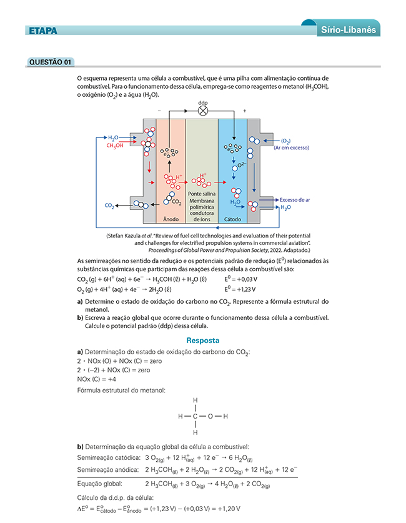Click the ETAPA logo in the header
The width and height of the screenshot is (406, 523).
(x=43, y=30)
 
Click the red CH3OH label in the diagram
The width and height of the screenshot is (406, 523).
(x=115, y=146)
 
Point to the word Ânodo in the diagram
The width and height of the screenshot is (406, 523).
(x=171, y=219)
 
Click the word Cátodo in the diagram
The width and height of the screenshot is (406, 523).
(x=232, y=219)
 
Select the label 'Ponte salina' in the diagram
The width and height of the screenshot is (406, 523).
(x=201, y=195)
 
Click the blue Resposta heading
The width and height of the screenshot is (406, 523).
(x=203, y=341)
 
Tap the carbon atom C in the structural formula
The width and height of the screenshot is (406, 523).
(x=196, y=416)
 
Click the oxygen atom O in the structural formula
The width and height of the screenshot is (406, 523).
(x=210, y=416)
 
